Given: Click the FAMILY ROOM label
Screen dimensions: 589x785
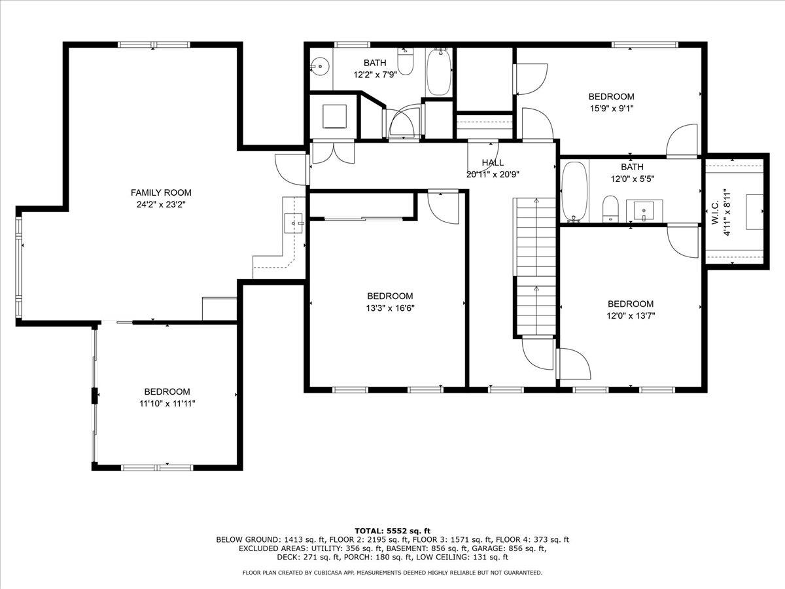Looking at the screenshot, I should point(161,192).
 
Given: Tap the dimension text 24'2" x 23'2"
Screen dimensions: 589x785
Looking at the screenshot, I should point(161,204).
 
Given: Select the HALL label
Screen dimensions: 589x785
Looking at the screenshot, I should point(493,163).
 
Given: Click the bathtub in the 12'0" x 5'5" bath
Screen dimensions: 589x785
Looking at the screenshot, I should point(576,192).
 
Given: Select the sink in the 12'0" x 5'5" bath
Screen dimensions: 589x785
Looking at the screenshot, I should point(644,211).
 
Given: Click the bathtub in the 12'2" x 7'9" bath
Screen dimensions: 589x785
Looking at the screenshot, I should point(439,72).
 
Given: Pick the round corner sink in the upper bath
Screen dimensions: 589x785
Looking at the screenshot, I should point(320,66).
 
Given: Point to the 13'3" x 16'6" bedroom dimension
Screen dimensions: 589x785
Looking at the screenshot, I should point(390,308).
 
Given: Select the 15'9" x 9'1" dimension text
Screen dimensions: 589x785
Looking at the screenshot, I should point(611,109).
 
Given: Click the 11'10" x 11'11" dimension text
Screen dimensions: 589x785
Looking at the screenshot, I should point(167,403).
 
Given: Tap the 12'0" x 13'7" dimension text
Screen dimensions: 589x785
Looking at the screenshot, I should point(631,315).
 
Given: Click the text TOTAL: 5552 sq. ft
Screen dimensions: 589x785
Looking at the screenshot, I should point(392,531).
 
